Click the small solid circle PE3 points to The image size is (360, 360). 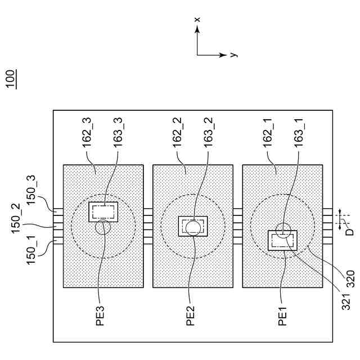(x=103, y=227)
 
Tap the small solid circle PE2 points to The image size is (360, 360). (x=193, y=228)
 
